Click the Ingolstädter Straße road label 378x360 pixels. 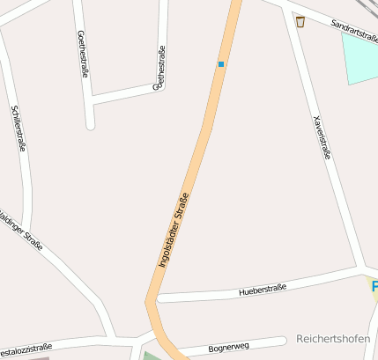174,230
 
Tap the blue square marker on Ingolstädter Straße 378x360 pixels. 221,64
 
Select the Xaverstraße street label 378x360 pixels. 322,137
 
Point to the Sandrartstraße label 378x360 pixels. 354,30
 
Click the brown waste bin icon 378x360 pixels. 300,22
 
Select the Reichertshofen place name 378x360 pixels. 332,338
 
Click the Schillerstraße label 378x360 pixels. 18,129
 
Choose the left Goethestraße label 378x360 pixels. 82,54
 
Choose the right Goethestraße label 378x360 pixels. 159,69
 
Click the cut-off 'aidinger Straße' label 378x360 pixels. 21,231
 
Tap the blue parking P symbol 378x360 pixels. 374,287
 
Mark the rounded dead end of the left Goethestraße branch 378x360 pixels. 90,125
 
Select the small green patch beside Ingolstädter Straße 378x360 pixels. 147,355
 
